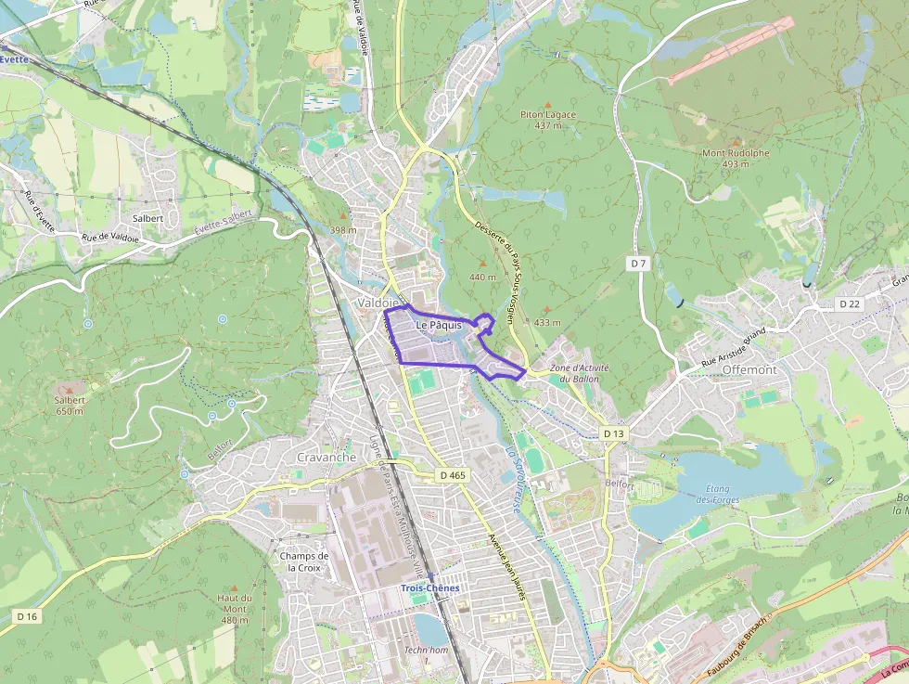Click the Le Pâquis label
click(439, 326)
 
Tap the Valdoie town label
click(378, 303)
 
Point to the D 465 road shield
click(453, 475)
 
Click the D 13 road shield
click(614, 433)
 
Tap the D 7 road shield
click(637, 264)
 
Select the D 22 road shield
click(850, 303)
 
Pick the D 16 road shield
click(27, 616)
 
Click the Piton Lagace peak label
click(547, 115)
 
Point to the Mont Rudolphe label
click(736, 153)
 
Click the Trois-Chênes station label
click(429, 587)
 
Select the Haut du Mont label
click(235, 604)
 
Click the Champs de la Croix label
click(304, 561)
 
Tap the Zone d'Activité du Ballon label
click(580, 373)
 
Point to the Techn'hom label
click(426, 651)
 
